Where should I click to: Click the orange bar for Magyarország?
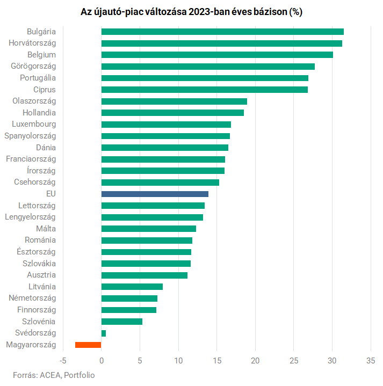(88, 345)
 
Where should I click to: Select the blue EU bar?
(155, 194)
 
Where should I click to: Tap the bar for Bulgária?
(222, 32)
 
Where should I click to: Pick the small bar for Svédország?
(104, 333)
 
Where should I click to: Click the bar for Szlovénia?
(122, 322)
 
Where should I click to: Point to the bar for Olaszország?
(174, 101)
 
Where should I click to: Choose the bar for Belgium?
(217, 55)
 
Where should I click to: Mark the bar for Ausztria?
(144, 275)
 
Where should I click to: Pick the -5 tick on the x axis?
(63, 360)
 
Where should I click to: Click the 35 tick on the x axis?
(371, 360)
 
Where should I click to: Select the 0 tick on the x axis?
(102, 360)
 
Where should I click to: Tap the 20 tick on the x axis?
(255, 360)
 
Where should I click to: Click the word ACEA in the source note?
(50, 375)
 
